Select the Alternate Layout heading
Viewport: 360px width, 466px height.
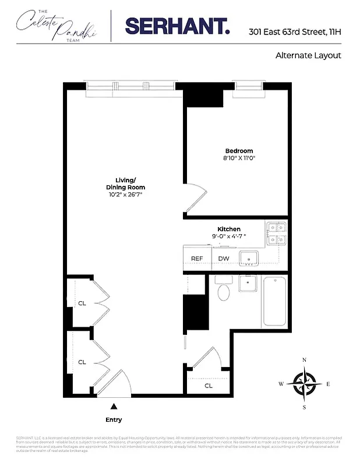tap(308, 56)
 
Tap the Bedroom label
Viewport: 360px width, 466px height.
tap(239, 151)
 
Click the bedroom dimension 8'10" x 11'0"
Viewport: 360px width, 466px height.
tap(239, 158)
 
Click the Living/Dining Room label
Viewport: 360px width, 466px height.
tap(125, 183)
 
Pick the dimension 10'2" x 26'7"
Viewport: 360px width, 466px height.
tap(125, 195)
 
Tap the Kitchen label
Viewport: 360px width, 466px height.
tap(229, 229)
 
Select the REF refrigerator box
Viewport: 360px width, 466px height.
tap(197, 259)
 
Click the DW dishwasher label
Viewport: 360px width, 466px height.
tap(223, 259)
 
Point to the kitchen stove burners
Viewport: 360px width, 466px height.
tap(276, 233)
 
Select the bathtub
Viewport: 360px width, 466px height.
tap(274, 301)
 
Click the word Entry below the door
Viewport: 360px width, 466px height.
tap(114, 419)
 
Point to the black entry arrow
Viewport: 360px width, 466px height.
tap(114, 406)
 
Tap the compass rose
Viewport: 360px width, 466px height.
tap(304, 384)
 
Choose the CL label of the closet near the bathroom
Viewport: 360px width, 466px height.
tap(208, 386)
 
